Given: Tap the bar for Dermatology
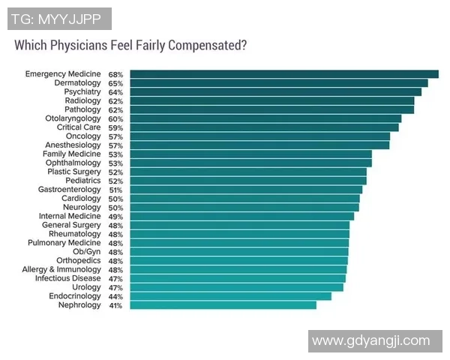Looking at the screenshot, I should coord(278,83).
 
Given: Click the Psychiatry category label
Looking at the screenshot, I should coord(82,91).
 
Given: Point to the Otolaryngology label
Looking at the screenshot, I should coord(73,118).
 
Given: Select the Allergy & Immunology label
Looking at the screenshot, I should coord(61,269).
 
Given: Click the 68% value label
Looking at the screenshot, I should coord(115,74).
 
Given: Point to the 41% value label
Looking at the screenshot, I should coord(115,305).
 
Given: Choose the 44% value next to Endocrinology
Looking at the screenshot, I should coord(115,296).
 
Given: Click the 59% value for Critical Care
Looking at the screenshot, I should coord(115,127).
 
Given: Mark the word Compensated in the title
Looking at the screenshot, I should coord(205,45).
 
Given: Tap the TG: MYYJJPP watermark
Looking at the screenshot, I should coord(59,19).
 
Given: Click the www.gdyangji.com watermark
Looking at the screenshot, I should coord(370,340).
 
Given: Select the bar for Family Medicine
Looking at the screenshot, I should coord(250,154).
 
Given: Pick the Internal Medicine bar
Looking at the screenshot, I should coord(241,216).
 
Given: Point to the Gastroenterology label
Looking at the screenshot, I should coord(69,190).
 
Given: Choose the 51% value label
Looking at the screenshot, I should coord(115,190).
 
